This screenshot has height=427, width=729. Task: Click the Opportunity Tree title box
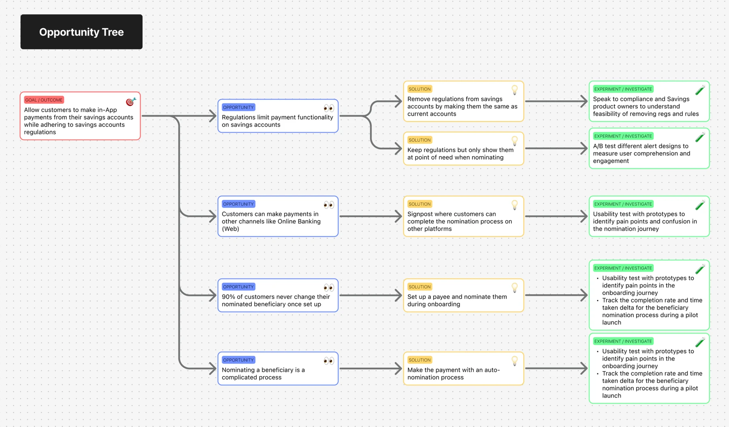pos(81,32)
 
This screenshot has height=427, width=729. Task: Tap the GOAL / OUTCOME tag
pos(44,100)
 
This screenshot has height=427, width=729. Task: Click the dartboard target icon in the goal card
pos(130,102)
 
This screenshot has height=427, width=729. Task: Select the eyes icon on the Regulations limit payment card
pos(328,108)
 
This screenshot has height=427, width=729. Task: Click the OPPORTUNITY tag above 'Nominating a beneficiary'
pos(238,360)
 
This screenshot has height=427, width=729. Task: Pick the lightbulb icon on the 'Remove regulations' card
pos(514,90)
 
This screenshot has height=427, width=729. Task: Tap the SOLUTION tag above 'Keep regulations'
pos(420,140)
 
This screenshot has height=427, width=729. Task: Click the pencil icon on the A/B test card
pos(700,137)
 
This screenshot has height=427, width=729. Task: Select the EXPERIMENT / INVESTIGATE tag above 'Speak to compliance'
pos(623,89)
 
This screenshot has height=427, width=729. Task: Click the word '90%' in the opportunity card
pos(228,297)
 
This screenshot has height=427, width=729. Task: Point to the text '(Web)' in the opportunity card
pos(230,229)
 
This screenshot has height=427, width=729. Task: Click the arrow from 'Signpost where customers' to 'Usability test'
pos(556,217)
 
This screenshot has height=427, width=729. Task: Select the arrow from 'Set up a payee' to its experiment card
pos(556,295)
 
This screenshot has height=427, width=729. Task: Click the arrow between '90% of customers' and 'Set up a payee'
pos(371,295)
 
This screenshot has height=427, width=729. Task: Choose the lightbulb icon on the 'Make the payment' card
pos(514,361)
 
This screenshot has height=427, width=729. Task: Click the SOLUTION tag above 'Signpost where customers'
pos(420,204)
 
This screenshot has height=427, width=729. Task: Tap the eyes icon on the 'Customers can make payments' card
pos(328,205)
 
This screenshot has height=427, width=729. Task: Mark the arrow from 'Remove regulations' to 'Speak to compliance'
pos(556,101)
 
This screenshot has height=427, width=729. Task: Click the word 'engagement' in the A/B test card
pos(611,161)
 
